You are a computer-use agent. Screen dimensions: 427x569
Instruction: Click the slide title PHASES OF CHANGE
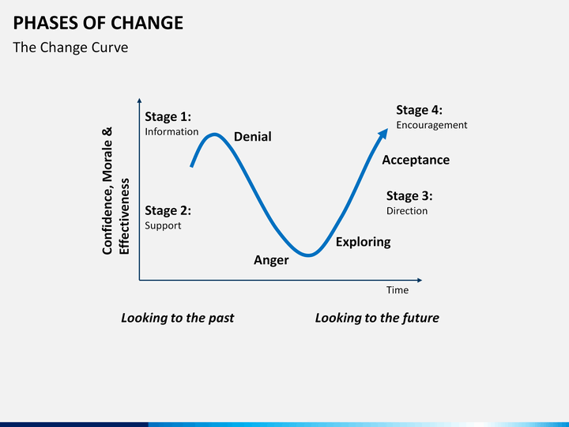[x=98, y=22]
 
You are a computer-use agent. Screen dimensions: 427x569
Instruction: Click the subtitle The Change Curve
[x=70, y=47]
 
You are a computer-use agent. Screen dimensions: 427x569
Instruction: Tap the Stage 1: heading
[x=168, y=117]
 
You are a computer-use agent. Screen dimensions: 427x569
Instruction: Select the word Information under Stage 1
[x=171, y=132]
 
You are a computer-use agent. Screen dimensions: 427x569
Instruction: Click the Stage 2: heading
[x=168, y=210]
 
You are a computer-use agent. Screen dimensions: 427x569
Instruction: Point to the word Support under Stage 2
[x=163, y=225]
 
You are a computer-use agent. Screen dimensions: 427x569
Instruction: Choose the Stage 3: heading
[x=409, y=196]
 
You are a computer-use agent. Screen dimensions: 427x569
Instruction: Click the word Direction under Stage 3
[x=407, y=211]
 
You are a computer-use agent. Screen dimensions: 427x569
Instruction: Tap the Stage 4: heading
[x=419, y=110]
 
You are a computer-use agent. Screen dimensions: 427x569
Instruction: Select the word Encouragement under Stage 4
[x=431, y=125]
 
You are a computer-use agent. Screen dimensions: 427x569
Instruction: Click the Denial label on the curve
[x=252, y=137]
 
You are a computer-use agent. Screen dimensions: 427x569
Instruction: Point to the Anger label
[x=271, y=260]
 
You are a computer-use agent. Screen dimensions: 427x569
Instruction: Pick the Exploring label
[x=363, y=242]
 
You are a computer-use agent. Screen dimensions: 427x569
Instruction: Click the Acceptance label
[x=416, y=160]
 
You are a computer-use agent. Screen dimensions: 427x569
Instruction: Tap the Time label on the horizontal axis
[x=398, y=290]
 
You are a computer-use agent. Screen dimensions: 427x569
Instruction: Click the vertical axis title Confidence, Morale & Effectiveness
[x=115, y=191]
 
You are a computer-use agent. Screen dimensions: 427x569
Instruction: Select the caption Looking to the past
[x=177, y=318]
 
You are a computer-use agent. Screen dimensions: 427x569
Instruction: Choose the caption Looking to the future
[x=377, y=318]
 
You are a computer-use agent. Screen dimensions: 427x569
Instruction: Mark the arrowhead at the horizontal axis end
[x=419, y=279]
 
